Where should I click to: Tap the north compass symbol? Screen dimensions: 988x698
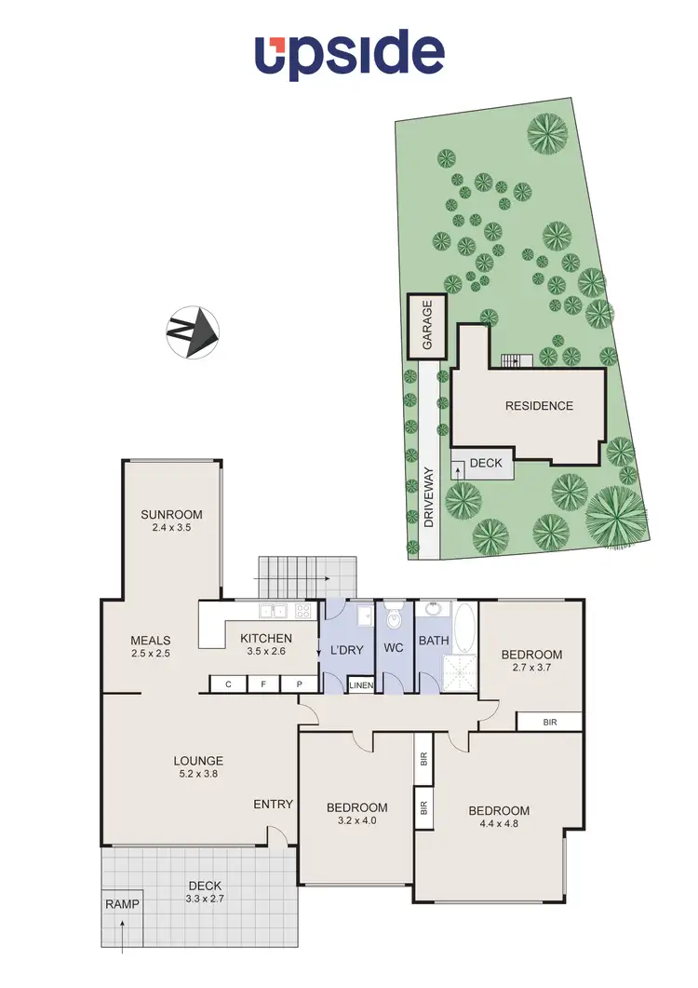(193, 331)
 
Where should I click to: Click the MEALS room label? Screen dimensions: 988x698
(150, 640)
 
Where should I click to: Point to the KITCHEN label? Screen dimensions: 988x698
(266, 638)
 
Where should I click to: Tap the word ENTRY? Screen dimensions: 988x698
(273, 805)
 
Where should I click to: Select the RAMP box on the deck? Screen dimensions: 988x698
(121, 904)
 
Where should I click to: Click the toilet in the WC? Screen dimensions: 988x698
(392, 616)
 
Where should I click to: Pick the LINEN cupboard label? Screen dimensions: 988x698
(361, 686)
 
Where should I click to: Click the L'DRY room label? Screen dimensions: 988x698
(346, 649)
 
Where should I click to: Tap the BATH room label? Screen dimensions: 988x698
(434, 641)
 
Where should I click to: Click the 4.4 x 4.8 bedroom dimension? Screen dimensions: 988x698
(498, 824)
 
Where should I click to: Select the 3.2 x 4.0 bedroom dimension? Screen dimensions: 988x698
(356, 820)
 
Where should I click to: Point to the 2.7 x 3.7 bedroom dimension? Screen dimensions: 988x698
(531, 668)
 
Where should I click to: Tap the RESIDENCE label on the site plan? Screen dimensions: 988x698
(539, 405)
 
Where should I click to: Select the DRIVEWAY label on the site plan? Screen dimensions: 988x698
(429, 497)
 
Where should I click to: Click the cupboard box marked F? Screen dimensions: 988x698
(263, 684)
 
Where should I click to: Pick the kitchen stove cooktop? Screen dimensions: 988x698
(303, 612)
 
